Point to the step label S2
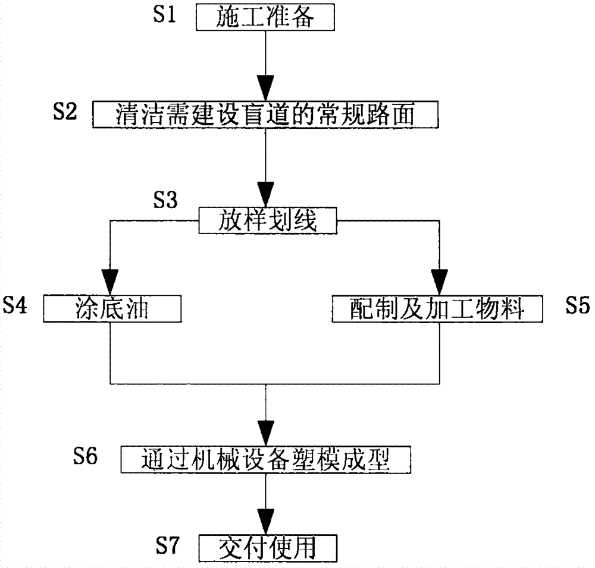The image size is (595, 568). tap(64, 111)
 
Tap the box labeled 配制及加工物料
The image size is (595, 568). tap(438, 310)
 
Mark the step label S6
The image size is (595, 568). tap(87, 456)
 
